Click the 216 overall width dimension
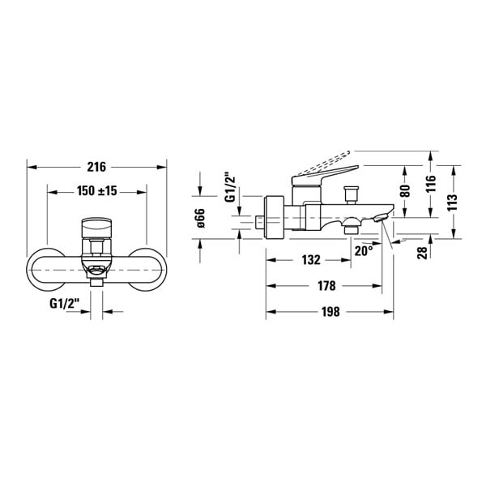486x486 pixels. click(96, 167)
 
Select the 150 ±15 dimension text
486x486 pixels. click(97, 190)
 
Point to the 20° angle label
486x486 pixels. click(364, 251)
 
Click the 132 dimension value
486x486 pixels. click(311, 260)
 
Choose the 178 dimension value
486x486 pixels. click(326, 285)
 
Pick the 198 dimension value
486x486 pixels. click(330, 312)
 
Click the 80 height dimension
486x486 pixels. click(406, 190)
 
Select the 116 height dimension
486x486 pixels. click(431, 184)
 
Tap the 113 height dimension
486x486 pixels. click(453, 202)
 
